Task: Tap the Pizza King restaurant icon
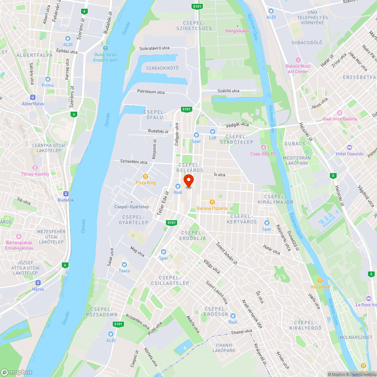click(x=146, y=176)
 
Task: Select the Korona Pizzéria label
click(x=212, y=208)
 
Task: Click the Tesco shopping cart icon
click(x=124, y=264)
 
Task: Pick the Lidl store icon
click(x=213, y=131)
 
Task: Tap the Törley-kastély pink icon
click(x=35, y=167)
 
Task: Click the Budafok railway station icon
click(x=66, y=193)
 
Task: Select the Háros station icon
click(x=38, y=283)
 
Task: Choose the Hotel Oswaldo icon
click(x=349, y=147)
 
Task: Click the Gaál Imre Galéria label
click(x=340, y=119)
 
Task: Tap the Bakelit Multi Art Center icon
click(x=298, y=60)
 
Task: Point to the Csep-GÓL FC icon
click(x=263, y=147)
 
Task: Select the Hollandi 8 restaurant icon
click(x=320, y=280)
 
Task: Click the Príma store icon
click(x=48, y=79)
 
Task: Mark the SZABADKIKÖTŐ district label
click(x=162, y=68)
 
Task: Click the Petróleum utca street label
click(x=151, y=92)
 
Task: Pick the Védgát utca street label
click(x=237, y=124)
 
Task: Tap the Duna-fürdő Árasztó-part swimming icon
click(x=106, y=48)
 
